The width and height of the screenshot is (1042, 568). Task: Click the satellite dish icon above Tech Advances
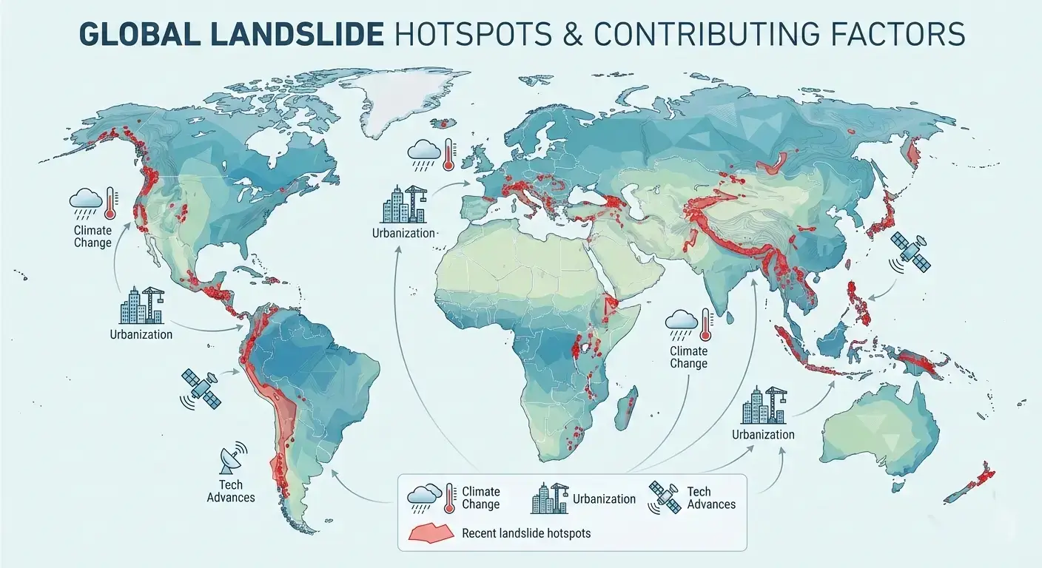coord(232,460)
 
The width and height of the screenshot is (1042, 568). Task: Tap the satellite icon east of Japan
coord(910,251)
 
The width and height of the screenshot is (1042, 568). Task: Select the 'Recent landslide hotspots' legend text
coord(526,532)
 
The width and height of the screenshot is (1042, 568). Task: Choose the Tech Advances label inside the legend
coord(710,498)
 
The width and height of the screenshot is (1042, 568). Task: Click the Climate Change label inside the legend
coord(480,498)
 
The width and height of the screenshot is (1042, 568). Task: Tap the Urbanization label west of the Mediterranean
coord(404,233)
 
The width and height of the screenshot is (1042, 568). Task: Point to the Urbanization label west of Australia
coord(763,434)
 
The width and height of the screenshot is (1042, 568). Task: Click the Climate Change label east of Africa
coord(688,357)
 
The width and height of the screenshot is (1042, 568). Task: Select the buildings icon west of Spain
coord(403,203)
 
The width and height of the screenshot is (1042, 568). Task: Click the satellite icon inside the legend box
coord(665,498)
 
